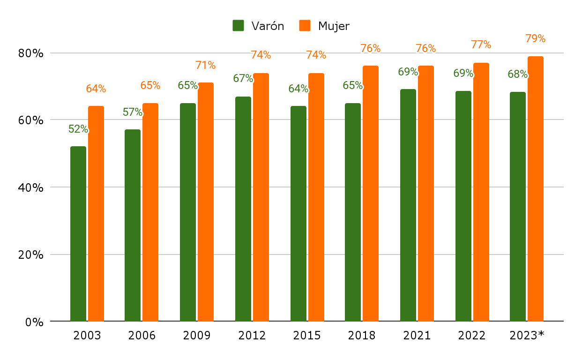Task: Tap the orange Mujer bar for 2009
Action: point(206,202)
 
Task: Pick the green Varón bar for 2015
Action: point(298,213)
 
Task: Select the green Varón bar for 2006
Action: point(133,225)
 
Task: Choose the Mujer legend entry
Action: point(325,26)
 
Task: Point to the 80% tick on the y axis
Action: point(31,53)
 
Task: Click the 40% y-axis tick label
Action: point(31,187)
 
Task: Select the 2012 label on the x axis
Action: point(252,336)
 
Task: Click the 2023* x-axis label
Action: point(527,336)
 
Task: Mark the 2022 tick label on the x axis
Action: point(472,336)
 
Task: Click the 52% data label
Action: point(78,129)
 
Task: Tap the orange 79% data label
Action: point(535,38)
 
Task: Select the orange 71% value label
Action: point(205,65)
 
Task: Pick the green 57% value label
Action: point(133,112)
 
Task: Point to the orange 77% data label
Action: point(481,45)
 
